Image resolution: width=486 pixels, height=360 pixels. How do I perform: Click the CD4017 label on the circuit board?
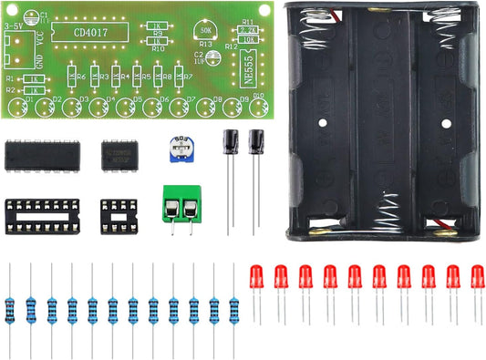tap(78, 32)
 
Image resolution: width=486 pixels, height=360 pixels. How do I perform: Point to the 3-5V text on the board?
tap(15, 27)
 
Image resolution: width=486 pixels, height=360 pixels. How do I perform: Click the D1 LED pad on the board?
tap(16, 108)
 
